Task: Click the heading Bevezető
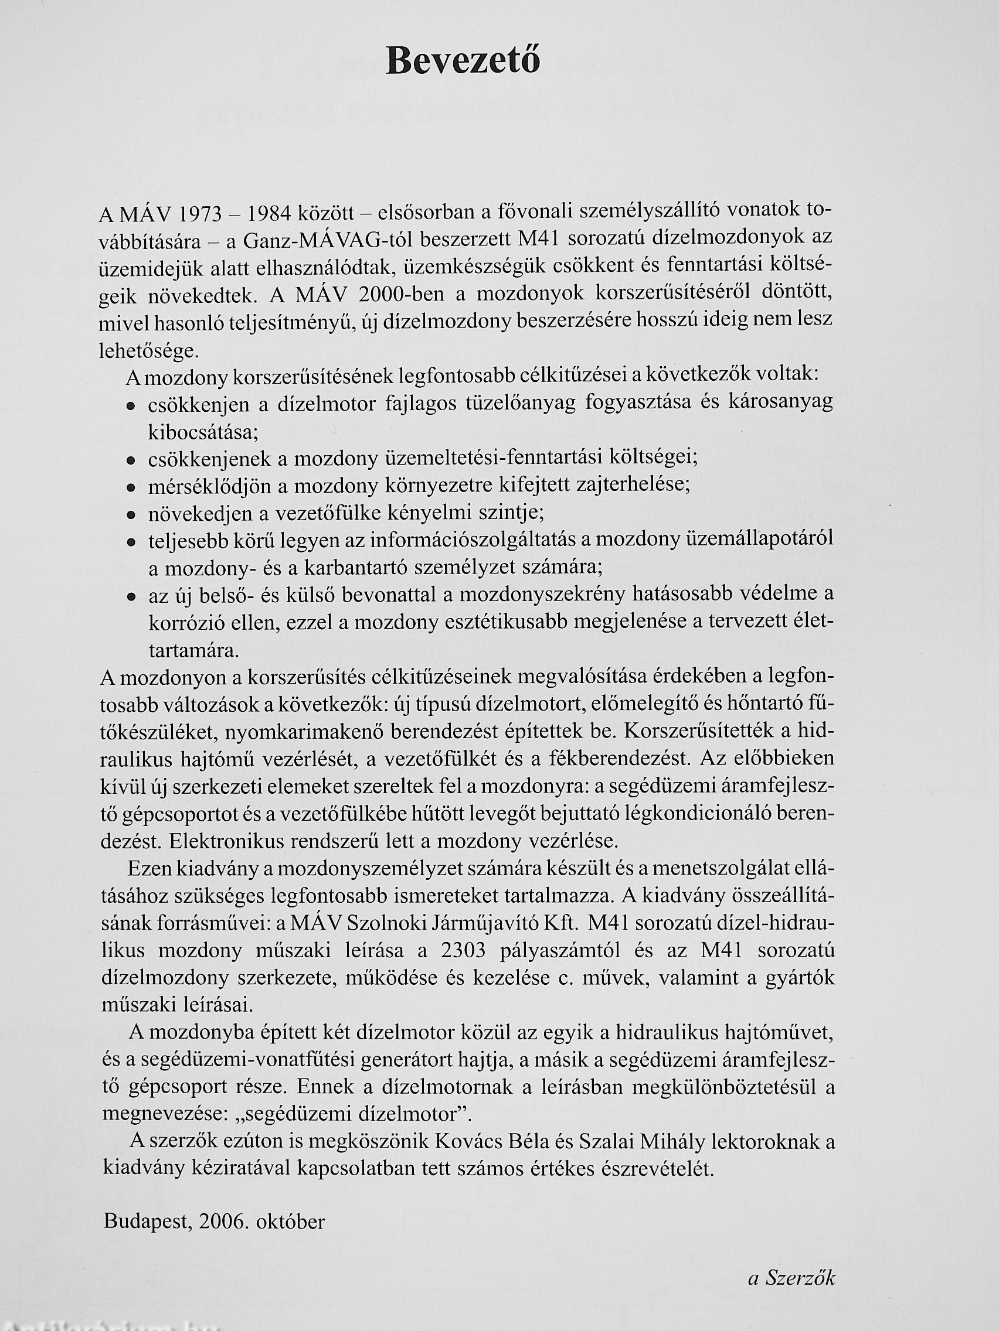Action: click(x=463, y=62)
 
